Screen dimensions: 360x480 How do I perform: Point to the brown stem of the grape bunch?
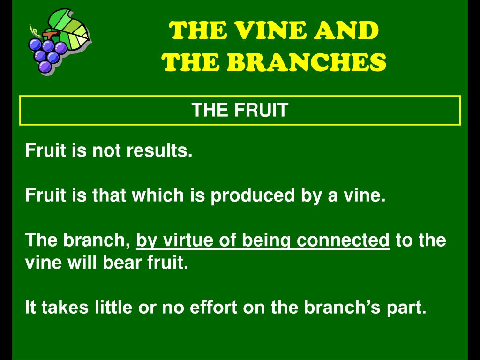pos(47,36)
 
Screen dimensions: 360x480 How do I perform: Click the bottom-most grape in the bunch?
pos(45,67)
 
